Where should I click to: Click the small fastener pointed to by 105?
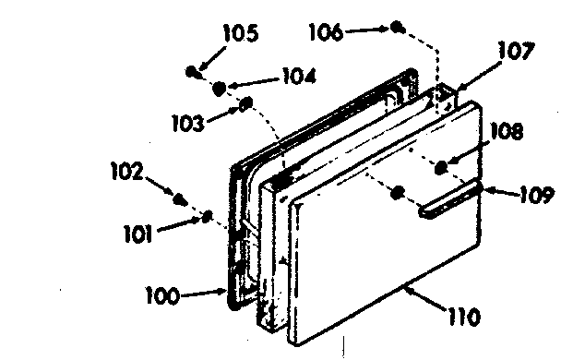pos(191,71)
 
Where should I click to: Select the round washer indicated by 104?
pos(221,88)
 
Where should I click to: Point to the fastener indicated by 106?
pos(396,27)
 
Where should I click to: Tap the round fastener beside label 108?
pos(442,166)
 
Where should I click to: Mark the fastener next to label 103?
pos(246,104)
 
